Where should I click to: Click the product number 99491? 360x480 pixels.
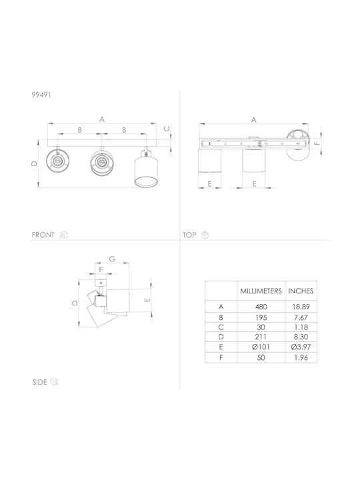coord(41,95)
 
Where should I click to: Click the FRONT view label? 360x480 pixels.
coord(43,235)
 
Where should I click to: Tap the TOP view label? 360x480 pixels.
coord(189,235)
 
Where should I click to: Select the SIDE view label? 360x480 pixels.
coord(40,382)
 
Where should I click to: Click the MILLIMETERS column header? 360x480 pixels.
coord(261,291)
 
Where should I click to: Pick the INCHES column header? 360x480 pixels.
coord(301,291)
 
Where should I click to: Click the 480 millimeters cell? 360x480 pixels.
coord(261,307)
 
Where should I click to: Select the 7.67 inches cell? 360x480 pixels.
coord(301,317)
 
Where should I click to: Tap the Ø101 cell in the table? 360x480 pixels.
coord(261,347)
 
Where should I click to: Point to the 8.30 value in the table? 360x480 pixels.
coord(301,337)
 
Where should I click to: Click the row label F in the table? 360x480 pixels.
coord(221,357)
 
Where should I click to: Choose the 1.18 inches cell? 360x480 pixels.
coord(301,327)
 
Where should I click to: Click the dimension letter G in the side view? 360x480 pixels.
coord(112,259)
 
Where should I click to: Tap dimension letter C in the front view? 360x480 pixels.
coord(167,129)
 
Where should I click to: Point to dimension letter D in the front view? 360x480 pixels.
coord(34,164)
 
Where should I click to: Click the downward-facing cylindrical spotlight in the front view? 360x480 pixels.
coord(146,169)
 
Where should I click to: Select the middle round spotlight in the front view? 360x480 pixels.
coord(101,161)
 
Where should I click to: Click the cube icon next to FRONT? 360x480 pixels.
coord(64,235)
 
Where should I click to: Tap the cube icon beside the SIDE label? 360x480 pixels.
coord(54,382)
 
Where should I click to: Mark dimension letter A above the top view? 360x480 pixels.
coord(254,120)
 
